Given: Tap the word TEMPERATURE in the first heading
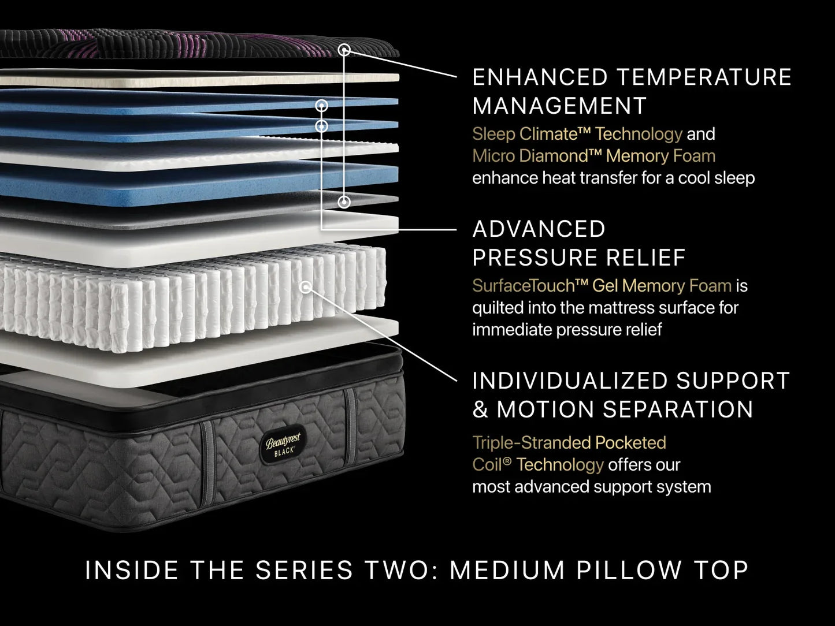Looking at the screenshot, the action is [x=704, y=77].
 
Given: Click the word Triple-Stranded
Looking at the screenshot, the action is [x=531, y=442].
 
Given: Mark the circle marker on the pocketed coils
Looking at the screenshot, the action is [x=306, y=288].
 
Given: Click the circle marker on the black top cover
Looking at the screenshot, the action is [x=344, y=50].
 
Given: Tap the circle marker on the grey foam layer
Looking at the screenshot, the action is [x=344, y=202].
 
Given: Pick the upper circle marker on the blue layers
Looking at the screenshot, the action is [x=322, y=105].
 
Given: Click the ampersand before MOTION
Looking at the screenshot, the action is [x=480, y=409].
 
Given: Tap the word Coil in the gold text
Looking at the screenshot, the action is [x=488, y=464].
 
